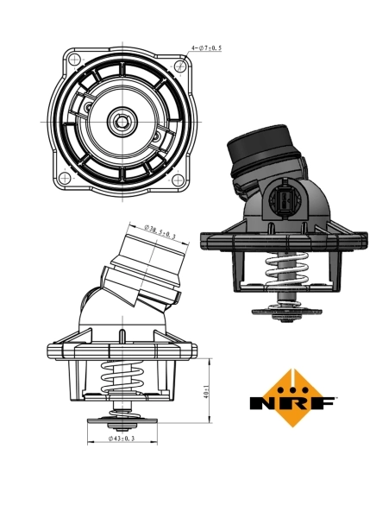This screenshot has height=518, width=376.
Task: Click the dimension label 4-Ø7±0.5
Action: [206, 49]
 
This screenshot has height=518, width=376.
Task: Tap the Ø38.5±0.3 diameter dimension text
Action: [161, 231]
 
